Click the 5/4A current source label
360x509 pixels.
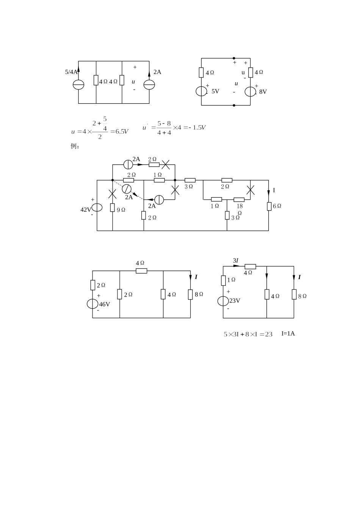point(71,72)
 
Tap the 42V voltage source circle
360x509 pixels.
point(97,208)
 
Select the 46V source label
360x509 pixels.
point(104,304)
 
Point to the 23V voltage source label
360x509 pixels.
point(235,301)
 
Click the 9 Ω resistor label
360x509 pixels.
point(121,210)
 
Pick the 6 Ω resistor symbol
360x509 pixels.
point(269,206)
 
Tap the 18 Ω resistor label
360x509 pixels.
point(240,209)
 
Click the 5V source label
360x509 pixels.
point(215,91)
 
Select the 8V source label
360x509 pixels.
point(263,92)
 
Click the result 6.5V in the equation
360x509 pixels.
point(122,131)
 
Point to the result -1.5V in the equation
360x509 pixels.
point(197,128)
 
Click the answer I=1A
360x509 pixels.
point(288,333)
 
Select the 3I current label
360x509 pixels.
point(235,261)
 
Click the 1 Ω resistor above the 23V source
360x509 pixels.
point(223,280)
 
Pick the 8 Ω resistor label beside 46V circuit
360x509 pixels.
point(199,294)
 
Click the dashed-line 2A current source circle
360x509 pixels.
point(127,189)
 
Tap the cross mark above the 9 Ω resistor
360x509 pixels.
point(112,194)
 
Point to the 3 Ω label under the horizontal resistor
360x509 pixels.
point(189,187)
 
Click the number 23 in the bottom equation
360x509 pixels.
point(269,334)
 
